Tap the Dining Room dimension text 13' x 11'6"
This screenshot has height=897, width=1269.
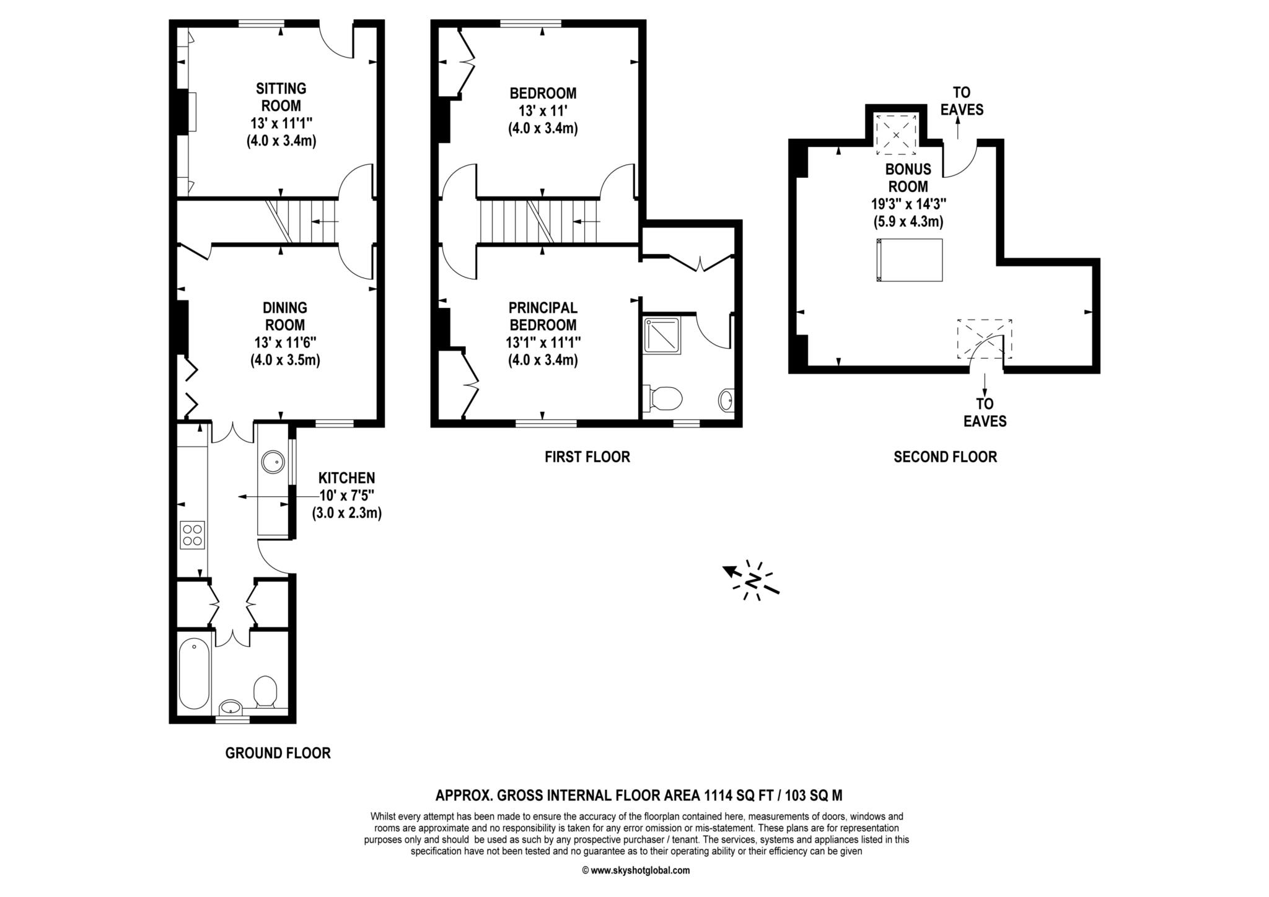(x=285, y=343)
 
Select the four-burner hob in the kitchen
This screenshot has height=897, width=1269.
(x=192, y=535)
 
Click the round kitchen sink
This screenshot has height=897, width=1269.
(x=273, y=462)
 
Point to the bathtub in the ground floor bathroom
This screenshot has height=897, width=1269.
(x=194, y=673)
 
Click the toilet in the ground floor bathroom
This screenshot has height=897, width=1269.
(x=265, y=692)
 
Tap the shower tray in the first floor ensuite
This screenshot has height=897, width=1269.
(x=662, y=335)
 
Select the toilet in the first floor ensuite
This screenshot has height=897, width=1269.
(x=662, y=398)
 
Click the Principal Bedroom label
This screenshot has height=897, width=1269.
(x=543, y=317)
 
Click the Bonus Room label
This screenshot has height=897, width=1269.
(x=908, y=178)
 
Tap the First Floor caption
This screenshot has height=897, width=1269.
(x=587, y=457)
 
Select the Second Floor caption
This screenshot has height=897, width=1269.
(x=946, y=457)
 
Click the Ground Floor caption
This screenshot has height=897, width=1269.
(x=278, y=753)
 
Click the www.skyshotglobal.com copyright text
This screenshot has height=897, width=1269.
(x=636, y=870)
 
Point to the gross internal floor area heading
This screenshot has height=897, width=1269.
(x=639, y=795)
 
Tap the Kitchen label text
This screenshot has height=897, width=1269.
(x=346, y=478)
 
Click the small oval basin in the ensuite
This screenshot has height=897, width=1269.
(x=726, y=400)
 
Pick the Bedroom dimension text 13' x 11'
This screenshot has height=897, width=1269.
(x=543, y=111)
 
